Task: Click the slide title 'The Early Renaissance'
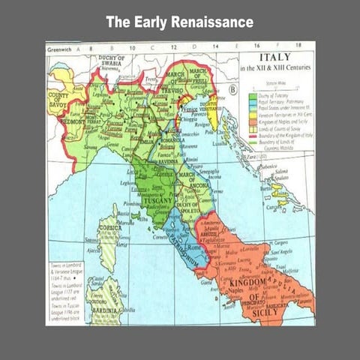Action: pyautogui.click(x=179, y=22)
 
